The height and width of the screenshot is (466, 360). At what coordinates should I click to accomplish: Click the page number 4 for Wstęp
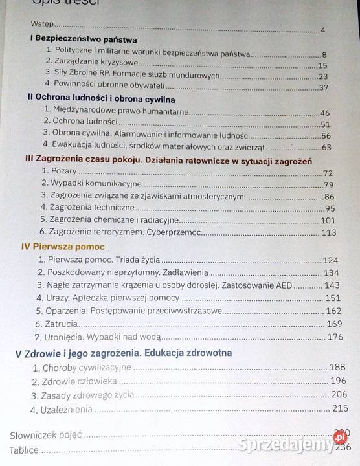pyautogui.click(x=322, y=30)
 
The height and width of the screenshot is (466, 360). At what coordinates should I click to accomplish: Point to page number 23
pyautogui.click(x=324, y=76)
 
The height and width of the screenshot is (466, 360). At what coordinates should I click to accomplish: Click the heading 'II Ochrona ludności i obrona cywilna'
pyautogui.click(x=93, y=97)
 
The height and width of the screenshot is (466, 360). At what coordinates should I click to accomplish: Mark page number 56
pyautogui.click(x=326, y=135)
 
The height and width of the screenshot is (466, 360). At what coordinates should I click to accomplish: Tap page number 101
pyautogui.click(x=329, y=220)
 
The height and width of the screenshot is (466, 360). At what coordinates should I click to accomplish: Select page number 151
pyautogui.click(x=332, y=298)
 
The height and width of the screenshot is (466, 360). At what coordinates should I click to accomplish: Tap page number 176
pyautogui.click(x=334, y=337)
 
